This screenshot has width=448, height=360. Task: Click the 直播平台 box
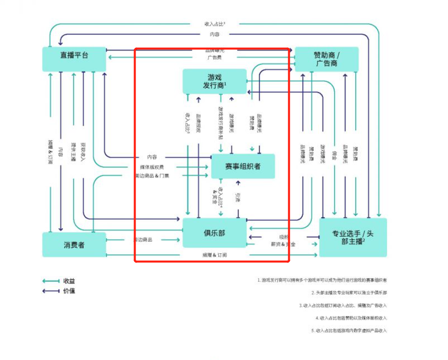pos(74,59)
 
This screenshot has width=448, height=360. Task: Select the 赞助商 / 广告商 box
pos(327,59)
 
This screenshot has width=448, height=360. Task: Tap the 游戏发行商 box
pos(215,81)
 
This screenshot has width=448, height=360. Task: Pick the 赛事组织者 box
pos(243,166)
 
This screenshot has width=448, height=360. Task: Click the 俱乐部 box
pos(214,233)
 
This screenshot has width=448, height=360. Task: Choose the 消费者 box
pos(74,245)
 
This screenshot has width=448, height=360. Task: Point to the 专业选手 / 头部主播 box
pos(353,237)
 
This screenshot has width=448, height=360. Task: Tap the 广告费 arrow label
pos(215,57)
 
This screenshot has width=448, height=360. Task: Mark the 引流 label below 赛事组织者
pos(238,198)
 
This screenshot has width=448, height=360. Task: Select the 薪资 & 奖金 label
pos(283,244)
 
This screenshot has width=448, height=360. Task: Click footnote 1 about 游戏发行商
pos(322,280)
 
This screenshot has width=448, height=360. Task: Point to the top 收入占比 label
pos(215,24)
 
